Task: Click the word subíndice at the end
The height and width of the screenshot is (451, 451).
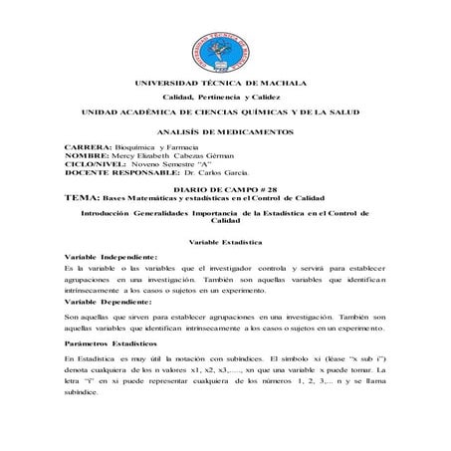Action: point(81,393)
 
